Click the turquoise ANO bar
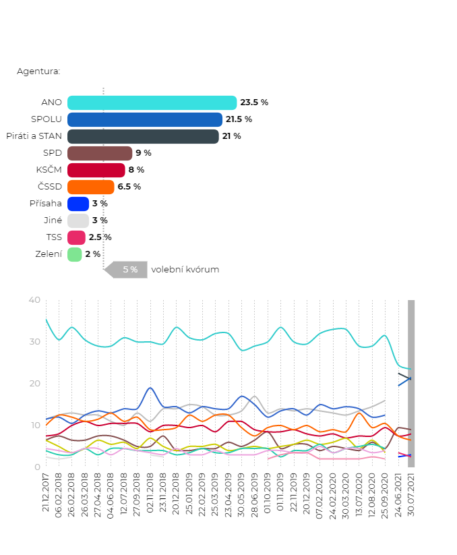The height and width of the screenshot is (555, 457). coord(152,103)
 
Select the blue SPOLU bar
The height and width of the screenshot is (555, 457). coord(144,119)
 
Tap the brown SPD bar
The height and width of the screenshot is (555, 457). coord(99,153)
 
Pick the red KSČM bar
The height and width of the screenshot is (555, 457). coord(96,170)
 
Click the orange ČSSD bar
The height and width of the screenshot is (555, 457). coord(90,187)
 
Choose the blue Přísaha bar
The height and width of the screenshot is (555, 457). coord(78,204)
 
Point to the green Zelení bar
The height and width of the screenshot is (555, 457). coord(74,254)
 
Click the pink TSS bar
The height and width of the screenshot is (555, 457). coord(76,237)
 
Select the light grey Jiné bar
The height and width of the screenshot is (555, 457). coord(78,221)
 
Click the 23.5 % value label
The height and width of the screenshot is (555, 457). coord(254,103)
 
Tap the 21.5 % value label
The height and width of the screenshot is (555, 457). coord(239,119)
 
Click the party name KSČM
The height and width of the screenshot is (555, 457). coord(49,170)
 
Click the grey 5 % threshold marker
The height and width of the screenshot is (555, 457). coord(129,270)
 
